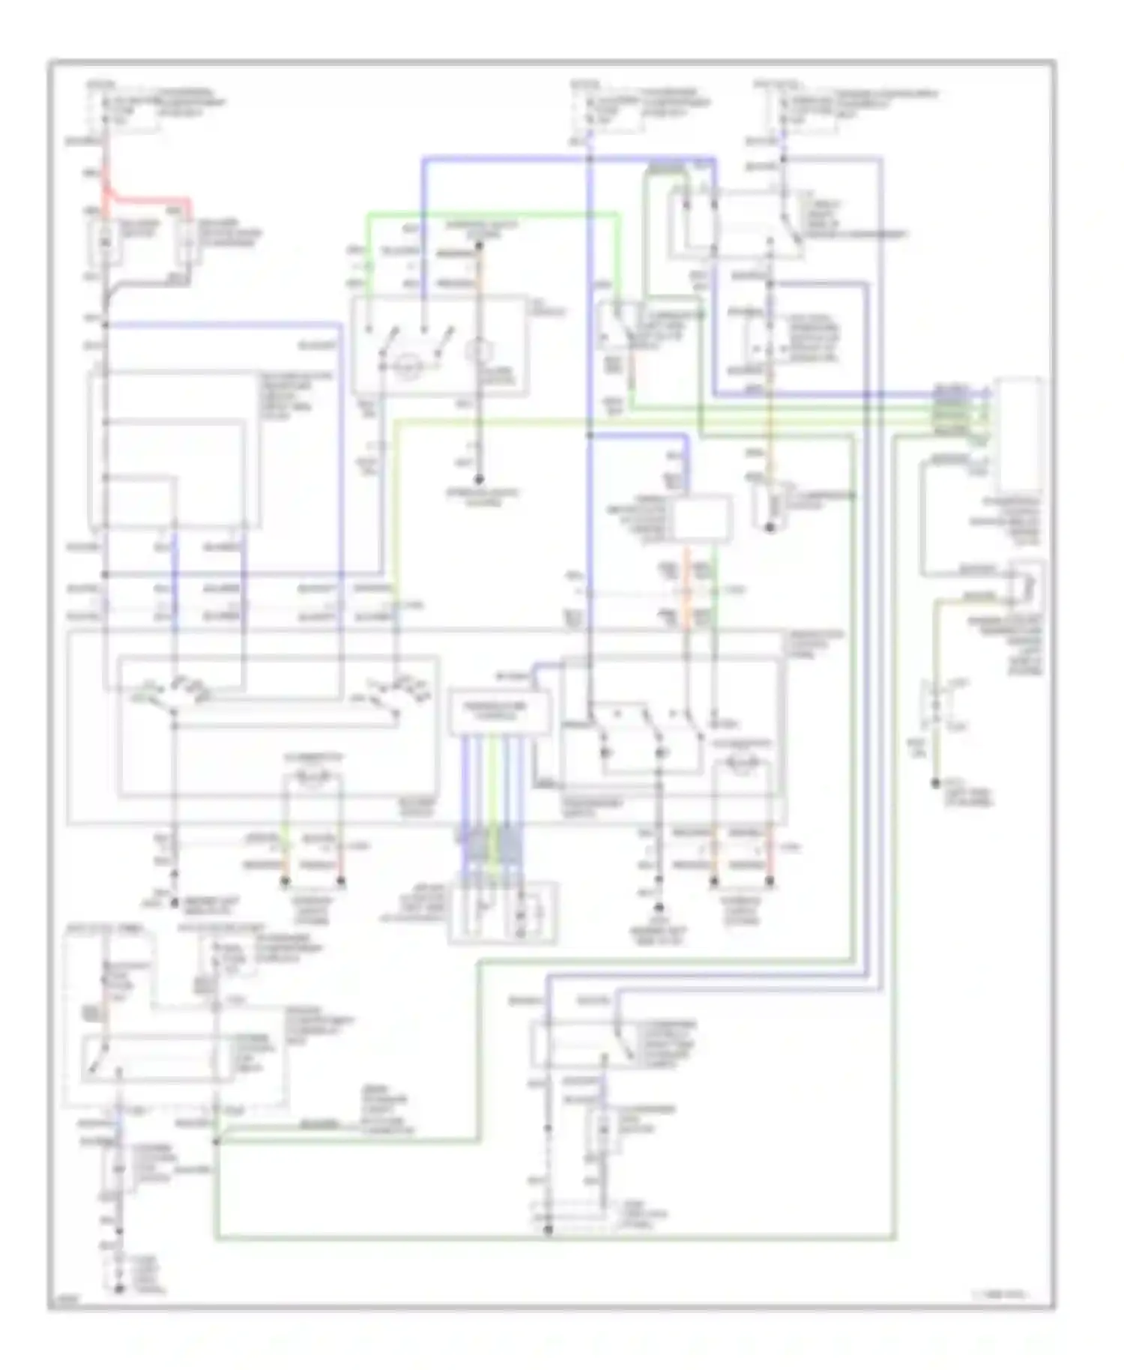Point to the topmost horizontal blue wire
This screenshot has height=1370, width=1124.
pos(569,159)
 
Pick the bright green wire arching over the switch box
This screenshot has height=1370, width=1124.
pos(491,215)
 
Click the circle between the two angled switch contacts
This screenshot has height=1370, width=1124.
pos(405,365)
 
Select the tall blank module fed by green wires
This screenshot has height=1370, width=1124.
pos(1018,435)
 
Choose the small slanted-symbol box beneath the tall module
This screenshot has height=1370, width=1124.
pos(1027,584)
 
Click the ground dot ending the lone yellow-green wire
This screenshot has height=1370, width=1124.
pos(935,782)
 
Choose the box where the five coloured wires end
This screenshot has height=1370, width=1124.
pos(503,912)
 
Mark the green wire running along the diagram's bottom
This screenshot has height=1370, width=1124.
pos(555,1238)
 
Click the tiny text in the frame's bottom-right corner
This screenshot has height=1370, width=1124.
pos(1004,1294)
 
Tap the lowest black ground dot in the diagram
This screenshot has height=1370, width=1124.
pos(119,1289)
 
